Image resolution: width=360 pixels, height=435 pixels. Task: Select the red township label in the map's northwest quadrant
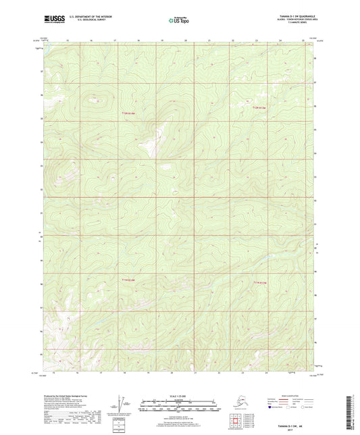pos(130,113)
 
